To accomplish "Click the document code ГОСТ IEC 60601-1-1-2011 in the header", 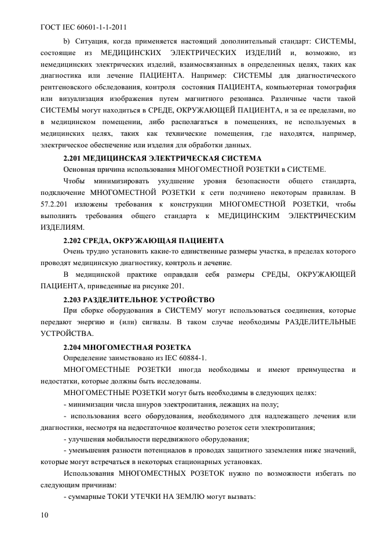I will [x=84, y=27].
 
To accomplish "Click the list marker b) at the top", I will [x=66, y=41].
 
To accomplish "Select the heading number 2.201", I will [x=74, y=157].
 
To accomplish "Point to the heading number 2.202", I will [x=74, y=240].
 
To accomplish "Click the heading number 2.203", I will [x=74, y=299].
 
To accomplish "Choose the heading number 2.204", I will [x=74, y=347].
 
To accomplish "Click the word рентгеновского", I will [x=69, y=87].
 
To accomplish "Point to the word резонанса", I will [x=237, y=99].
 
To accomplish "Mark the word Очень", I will [x=74, y=252].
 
